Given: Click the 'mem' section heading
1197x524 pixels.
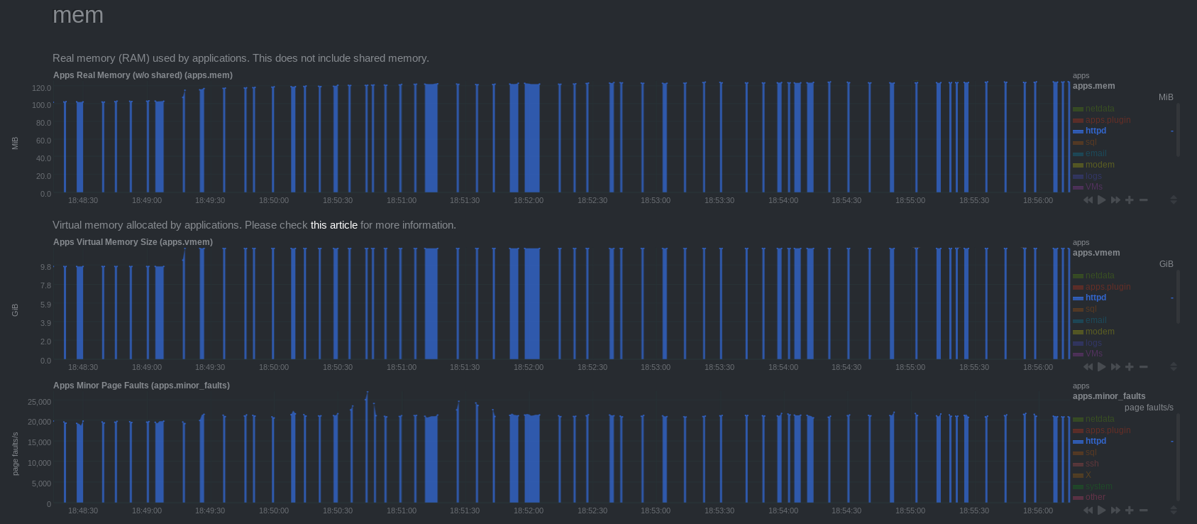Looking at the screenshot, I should pyautogui.click(x=78, y=15).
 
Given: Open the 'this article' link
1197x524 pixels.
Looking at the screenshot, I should pyautogui.click(x=333, y=225).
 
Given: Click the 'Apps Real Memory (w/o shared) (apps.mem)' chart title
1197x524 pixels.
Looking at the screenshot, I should pyautogui.click(x=143, y=75).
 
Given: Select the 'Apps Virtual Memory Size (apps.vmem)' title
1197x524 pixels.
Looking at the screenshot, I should pyautogui.click(x=133, y=242).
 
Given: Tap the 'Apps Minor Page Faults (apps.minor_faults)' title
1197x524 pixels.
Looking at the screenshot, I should pyautogui.click(x=141, y=386).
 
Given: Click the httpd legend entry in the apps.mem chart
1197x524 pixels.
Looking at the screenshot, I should pyautogui.click(x=1096, y=131).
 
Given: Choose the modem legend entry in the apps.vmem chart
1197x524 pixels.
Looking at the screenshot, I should pyautogui.click(x=1099, y=332).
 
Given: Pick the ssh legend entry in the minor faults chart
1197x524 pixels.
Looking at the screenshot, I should pyautogui.click(x=1091, y=464).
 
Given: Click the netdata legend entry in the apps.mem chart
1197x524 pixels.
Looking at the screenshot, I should pyautogui.click(x=1099, y=109).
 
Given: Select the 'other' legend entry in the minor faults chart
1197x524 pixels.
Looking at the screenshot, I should pyautogui.click(x=1095, y=497).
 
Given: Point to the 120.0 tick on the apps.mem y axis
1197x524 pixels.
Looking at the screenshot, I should pyautogui.click(x=41, y=88).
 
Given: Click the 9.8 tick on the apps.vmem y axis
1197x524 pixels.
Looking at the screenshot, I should pyautogui.click(x=45, y=267).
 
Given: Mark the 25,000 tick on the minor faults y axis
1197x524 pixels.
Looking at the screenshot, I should pyautogui.click(x=39, y=402).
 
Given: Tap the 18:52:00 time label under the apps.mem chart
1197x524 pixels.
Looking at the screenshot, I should pyautogui.click(x=529, y=200).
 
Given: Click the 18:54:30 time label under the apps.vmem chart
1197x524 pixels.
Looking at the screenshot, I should pyautogui.click(x=846, y=367).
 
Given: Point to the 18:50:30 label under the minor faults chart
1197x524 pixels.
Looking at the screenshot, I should pyautogui.click(x=338, y=511).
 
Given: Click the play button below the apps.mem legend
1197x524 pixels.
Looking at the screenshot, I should pyautogui.click(x=1102, y=200).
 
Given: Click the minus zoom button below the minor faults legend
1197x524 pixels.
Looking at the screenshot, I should pyautogui.click(x=1144, y=510).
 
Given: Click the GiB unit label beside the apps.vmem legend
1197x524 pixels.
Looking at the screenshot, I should pyautogui.click(x=1166, y=264).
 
